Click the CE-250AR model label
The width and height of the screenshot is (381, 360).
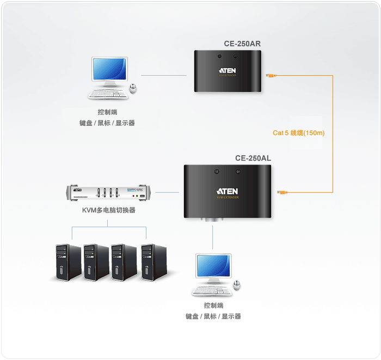(242, 44)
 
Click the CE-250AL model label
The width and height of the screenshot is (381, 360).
(253, 158)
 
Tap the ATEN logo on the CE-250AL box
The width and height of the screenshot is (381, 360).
(228, 191)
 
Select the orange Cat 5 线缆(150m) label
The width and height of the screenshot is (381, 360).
(298, 132)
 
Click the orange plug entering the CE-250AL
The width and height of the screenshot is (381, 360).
(282, 192)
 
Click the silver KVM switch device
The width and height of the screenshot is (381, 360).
(110, 193)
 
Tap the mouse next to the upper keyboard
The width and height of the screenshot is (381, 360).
(133, 88)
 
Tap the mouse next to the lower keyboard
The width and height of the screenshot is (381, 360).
(237, 285)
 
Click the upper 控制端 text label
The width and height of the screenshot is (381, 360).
(107, 112)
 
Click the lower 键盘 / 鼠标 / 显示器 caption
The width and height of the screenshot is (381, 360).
(213, 316)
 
